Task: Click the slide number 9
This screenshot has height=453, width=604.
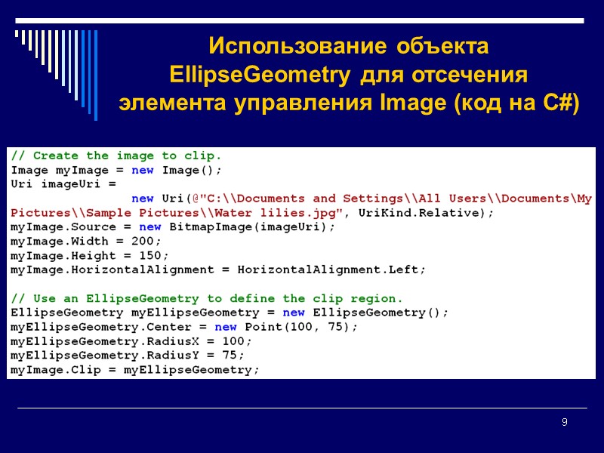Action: click(x=564, y=422)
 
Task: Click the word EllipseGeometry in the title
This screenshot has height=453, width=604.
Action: click(x=259, y=76)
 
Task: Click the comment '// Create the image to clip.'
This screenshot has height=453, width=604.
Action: click(x=116, y=156)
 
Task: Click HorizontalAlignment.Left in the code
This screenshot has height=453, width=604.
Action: click(x=331, y=270)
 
